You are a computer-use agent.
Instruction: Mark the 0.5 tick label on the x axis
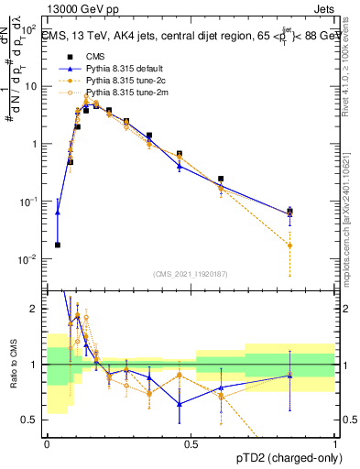coord(191,443)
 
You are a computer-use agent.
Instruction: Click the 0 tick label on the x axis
coord(47,443)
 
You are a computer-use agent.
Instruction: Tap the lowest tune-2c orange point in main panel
coord(290,245)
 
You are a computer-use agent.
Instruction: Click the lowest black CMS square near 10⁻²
coord(58,245)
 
